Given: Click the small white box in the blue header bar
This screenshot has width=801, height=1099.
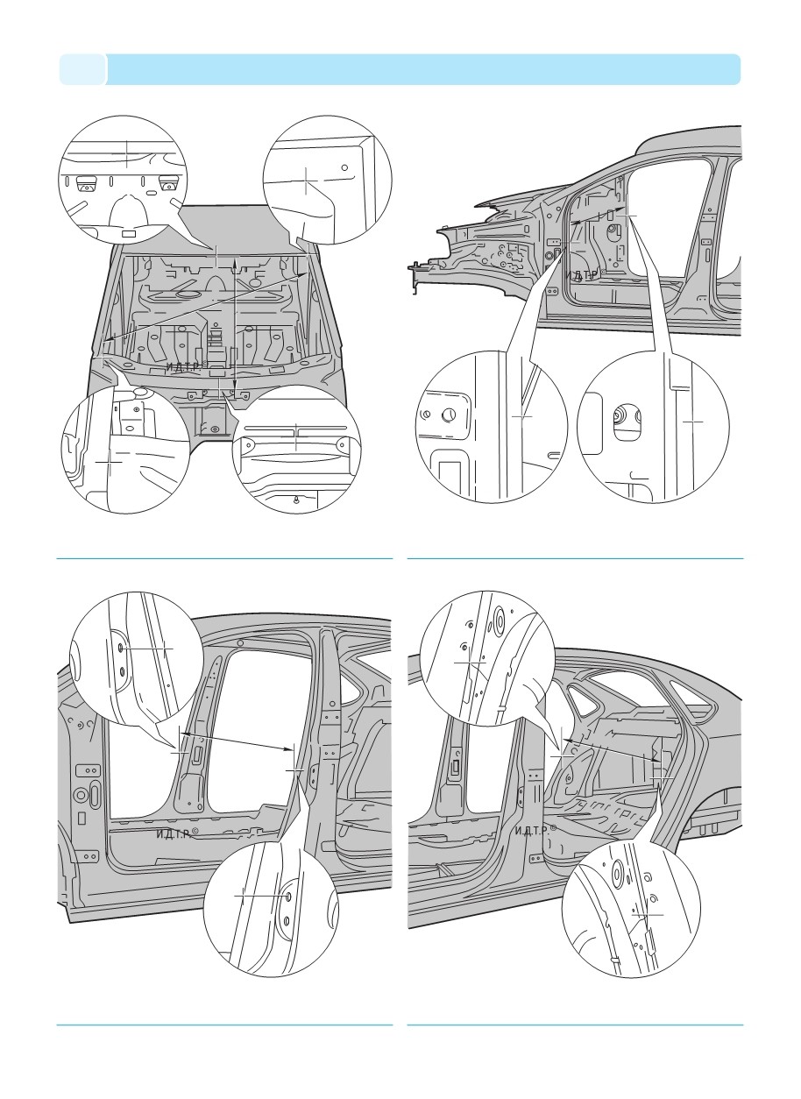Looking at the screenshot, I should pos(82,69).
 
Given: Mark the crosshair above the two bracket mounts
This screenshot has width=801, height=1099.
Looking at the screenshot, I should pos(126,156).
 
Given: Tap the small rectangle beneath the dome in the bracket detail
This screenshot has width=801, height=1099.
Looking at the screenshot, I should pos(128,234).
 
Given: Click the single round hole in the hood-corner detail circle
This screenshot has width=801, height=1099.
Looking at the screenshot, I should pos(346,167).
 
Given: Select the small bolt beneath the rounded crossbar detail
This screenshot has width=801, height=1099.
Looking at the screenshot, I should pos(297,500).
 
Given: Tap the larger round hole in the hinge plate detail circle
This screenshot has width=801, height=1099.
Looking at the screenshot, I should pos(449,415).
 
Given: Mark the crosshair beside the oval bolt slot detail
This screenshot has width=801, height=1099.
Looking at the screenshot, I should pos(693,422).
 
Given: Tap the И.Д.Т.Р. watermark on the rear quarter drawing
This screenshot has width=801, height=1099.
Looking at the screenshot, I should pos(535,830).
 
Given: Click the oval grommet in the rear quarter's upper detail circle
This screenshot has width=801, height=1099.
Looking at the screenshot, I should pos(497,619).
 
